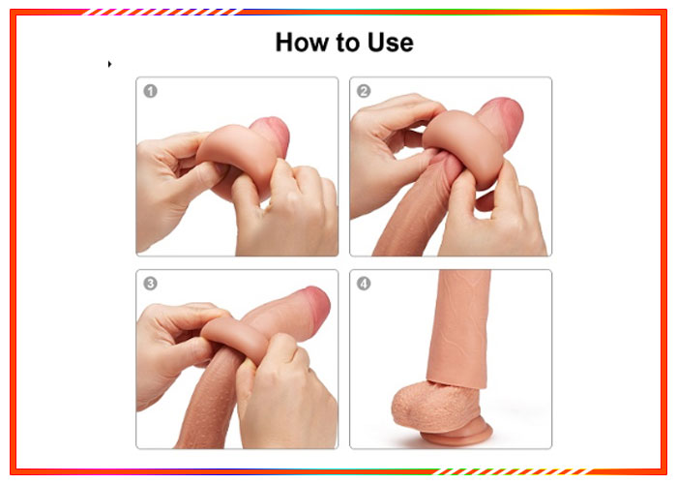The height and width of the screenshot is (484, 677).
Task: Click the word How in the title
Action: click(303, 43)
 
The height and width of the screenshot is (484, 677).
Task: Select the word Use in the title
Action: click(391, 43)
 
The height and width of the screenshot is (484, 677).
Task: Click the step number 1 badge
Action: click(150, 91)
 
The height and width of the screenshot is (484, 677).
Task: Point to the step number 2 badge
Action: click(364, 91)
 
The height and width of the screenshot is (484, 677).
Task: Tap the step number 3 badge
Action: click(150, 284)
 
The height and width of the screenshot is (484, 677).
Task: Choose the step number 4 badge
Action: click(364, 284)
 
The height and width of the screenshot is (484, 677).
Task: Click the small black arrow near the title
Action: click(109, 64)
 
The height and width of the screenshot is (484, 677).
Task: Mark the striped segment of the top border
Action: click(159, 12)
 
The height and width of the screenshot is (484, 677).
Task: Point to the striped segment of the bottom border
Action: click(515, 471)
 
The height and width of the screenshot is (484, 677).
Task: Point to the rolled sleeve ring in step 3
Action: click(235, 338)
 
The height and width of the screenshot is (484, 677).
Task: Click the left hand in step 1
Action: click(173, 186)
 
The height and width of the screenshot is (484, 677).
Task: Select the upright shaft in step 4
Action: click(459, 328)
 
